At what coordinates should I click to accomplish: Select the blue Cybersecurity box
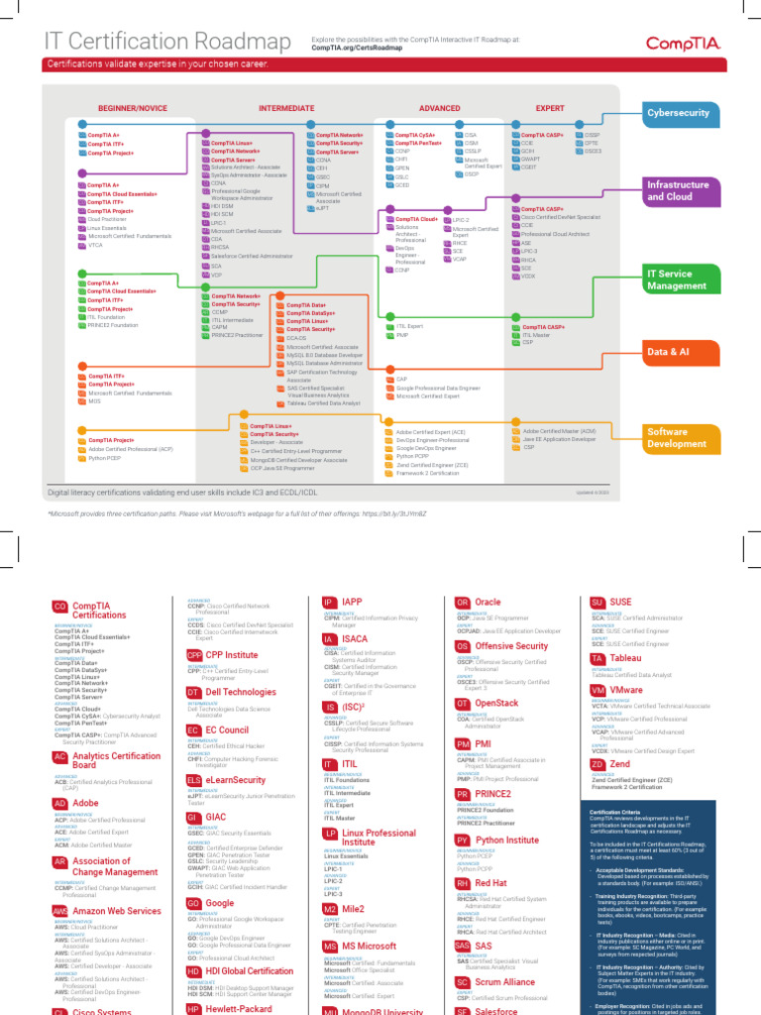(678, 113)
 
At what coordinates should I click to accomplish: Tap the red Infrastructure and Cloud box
(678, 190)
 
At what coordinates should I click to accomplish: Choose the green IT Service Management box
(678, 279)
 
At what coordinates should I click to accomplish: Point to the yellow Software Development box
(678, 438)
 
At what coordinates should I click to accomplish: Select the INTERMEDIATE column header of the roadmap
(286, 106)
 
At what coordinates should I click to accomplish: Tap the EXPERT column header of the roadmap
(550, 106)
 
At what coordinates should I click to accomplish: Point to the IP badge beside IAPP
(329, 602)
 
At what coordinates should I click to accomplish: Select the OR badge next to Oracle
(462, 602)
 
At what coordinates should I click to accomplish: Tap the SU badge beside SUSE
(597, 602)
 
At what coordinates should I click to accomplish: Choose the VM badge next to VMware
(597, 690)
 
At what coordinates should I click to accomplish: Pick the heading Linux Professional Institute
(379, 838)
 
